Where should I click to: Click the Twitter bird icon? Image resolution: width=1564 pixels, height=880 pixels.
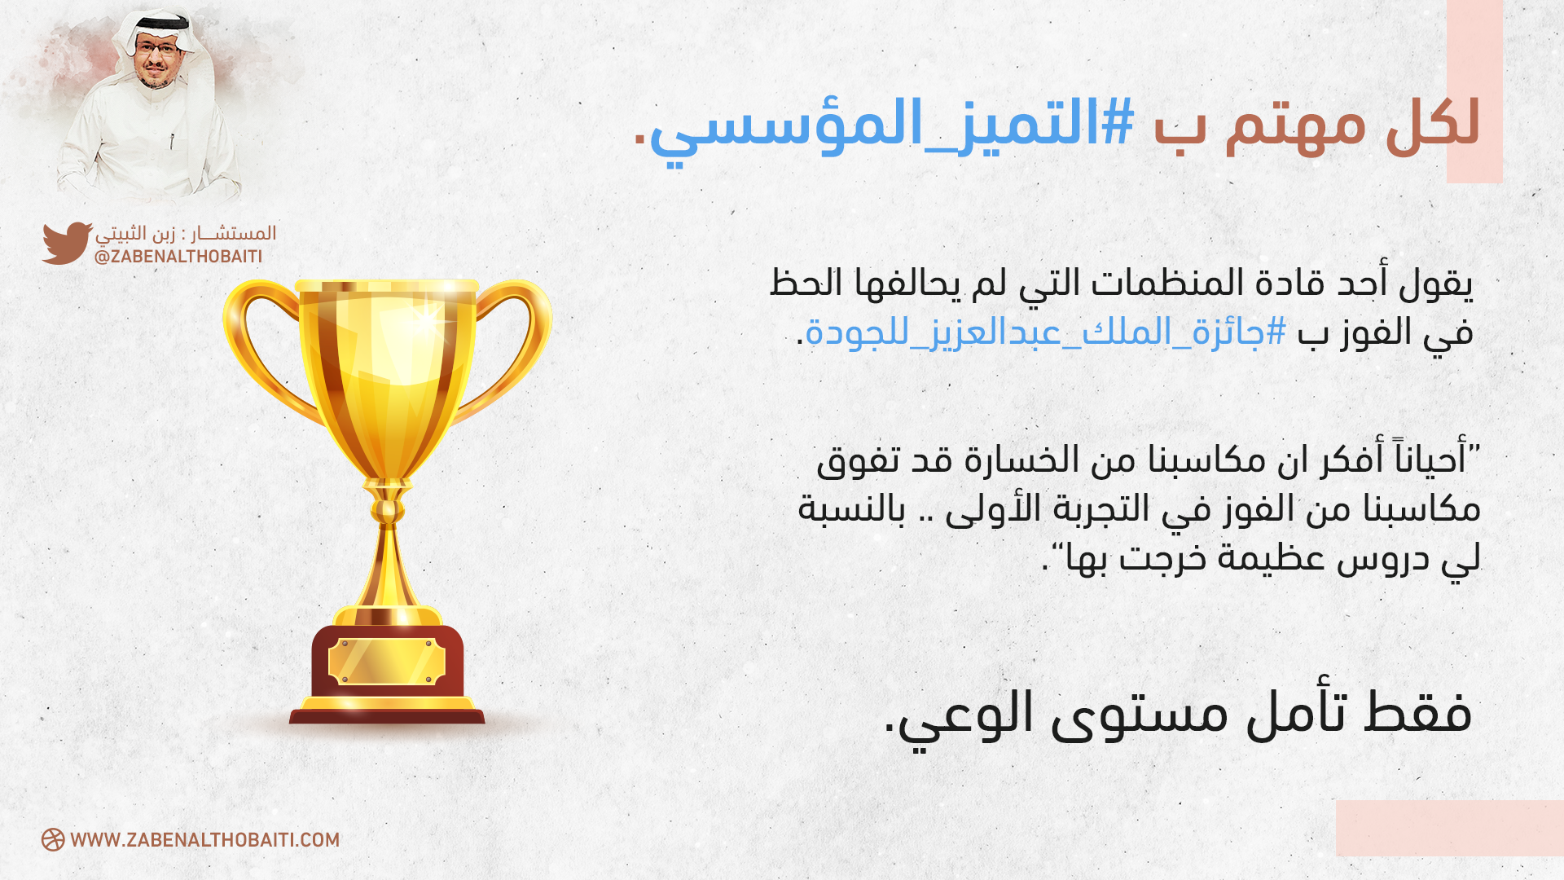[x=67, y=243]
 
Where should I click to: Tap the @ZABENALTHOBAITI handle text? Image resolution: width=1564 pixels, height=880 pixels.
[x=178, y=257]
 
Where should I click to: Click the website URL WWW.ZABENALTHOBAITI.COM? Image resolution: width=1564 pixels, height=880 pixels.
[x=204, y=840]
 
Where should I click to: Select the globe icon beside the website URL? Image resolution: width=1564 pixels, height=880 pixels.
[x=53, y=840]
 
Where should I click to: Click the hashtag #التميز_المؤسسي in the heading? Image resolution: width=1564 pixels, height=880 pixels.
[x=891, y=126]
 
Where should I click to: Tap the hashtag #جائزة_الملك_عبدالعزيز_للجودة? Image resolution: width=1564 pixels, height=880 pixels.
[x=1047, y=333]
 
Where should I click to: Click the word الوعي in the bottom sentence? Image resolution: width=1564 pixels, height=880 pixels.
[x=961, y=715]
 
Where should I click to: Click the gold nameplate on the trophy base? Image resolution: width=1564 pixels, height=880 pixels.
[x=387, y=661]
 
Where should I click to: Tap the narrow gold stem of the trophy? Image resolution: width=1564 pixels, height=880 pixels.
[x=388, y=562]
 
